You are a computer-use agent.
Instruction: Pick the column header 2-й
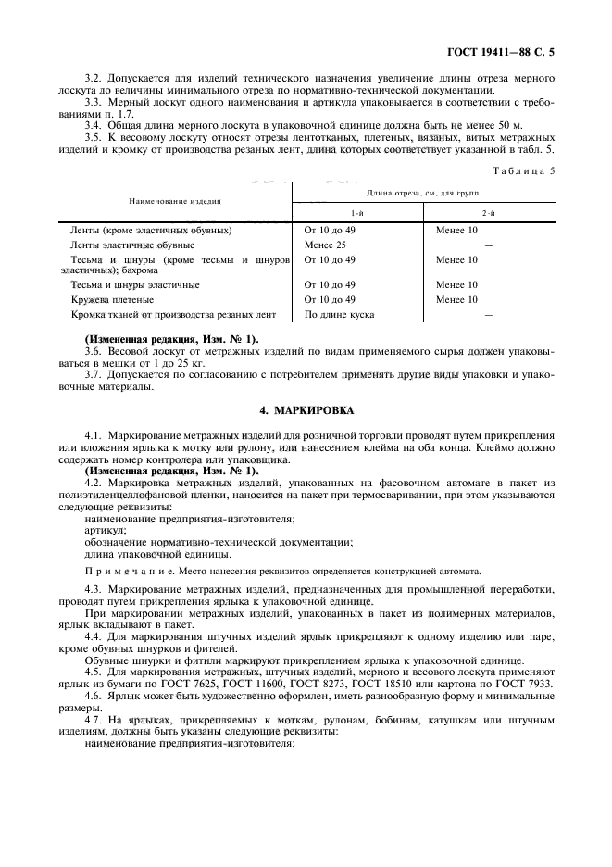point(488,212)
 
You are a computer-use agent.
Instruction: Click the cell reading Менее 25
point(325,245)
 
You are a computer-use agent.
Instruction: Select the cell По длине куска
point(339,315)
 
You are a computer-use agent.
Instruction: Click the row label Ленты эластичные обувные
point(131,245)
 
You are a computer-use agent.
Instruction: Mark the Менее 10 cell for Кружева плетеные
point(456,300)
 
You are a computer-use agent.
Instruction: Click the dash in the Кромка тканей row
point(488,316)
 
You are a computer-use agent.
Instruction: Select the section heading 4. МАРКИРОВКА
point(306,408)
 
